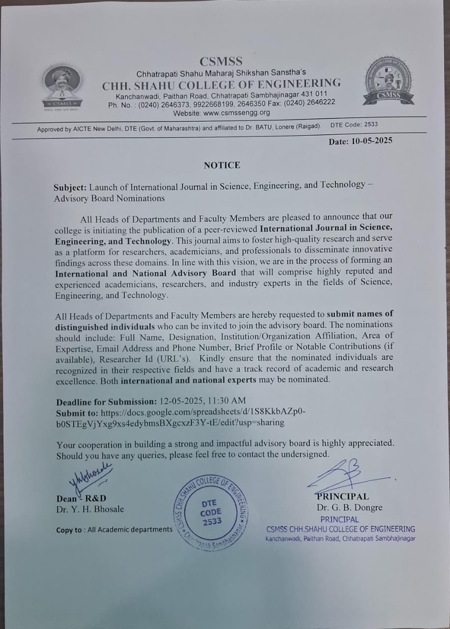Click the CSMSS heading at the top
click(x=221, y=61)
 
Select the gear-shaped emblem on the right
click(x=389, y=82)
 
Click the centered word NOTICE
click(x=222, y=165)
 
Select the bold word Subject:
click(x=71, y=187)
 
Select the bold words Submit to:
click(x=77, y=412)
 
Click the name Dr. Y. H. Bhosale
click(x=90, y=510)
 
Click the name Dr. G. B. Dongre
click(x=350, y=508)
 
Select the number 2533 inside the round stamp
click(x=212, y=522)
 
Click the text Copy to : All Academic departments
click(x=114, y=530)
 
